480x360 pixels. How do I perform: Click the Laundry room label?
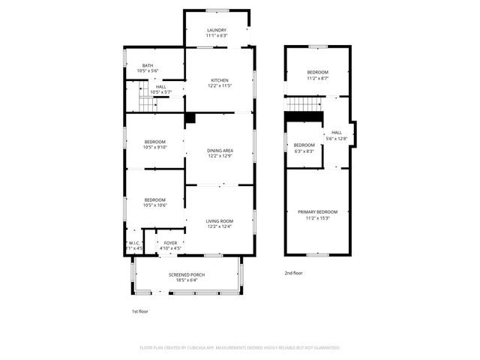217,30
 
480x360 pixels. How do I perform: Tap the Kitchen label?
219,80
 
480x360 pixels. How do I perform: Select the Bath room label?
148,66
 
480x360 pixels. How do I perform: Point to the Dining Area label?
219,151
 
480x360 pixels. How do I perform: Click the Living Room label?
219,221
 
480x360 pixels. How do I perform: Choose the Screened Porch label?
187,274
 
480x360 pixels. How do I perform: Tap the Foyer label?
171,243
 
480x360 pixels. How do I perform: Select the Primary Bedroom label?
318,212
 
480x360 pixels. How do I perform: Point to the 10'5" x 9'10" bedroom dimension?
154,147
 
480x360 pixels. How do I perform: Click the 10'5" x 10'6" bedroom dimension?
154,205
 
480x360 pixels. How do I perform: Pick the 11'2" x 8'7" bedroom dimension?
318,78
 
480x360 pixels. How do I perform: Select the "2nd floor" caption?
293,273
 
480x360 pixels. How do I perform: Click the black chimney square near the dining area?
190,118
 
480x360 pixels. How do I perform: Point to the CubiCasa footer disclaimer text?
240,348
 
